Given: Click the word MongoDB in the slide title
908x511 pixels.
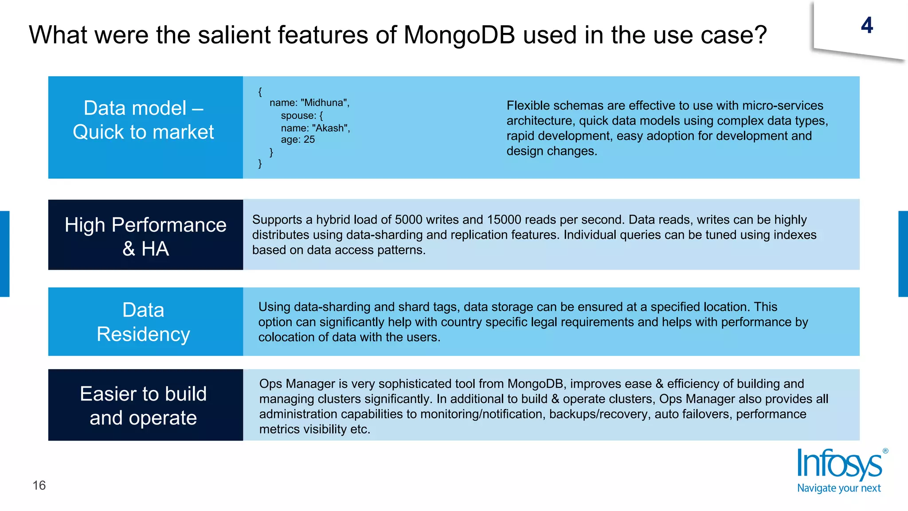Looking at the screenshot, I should coord(459,35).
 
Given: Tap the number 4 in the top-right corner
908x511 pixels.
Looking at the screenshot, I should coord(867,25).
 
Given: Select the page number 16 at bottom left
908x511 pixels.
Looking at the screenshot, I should coord(39,485).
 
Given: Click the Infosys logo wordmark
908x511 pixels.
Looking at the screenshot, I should coord(839,465).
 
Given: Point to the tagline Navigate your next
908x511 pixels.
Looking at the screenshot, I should coord(839,488).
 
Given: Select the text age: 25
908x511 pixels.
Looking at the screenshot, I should coord(297,140).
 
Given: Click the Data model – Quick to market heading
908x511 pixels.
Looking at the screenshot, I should coord(144,120).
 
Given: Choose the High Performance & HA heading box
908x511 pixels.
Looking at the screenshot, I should coord(145,236).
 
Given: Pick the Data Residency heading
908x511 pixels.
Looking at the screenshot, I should coord(143,322).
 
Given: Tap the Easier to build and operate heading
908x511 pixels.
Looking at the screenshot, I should coord(143,405).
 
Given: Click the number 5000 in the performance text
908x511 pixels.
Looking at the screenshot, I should coord(409,220).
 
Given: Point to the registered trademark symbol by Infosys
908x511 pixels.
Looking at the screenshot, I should coord(885,451).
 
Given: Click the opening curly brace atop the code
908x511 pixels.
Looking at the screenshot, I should coord(260,92).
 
